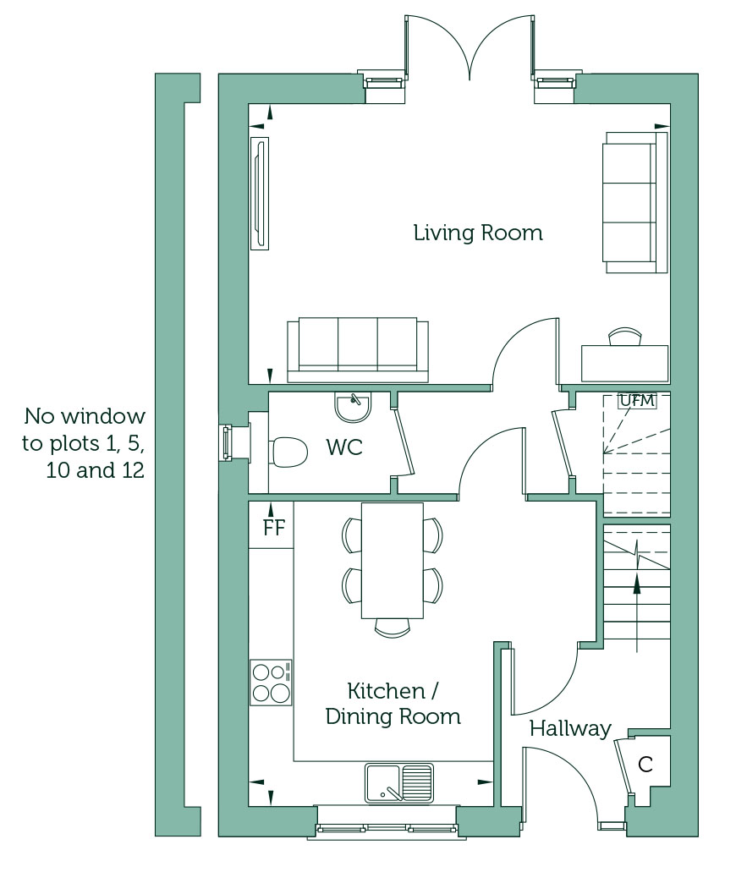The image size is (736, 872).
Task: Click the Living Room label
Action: point(478,233)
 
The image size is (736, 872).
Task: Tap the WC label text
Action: point(344,447)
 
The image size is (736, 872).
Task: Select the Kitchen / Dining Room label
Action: point(393,704)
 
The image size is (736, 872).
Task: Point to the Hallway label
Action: point(570,728)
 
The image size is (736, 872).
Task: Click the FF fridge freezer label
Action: point(274,527)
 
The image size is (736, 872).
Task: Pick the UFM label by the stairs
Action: point(637,400)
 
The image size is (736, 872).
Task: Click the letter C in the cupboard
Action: point(645,765)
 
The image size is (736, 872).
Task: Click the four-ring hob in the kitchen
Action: point(271,683)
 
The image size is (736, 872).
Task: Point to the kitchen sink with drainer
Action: point(398,783)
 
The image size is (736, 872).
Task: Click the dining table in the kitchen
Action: point(393,561)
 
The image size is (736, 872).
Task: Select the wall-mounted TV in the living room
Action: point(260,194)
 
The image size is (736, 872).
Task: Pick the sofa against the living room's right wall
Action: point(635,202)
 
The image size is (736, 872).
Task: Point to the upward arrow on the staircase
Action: point(636,611)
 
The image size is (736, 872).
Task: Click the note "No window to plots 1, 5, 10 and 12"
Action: point(84,443)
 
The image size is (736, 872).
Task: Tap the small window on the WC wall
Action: point(227,442)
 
